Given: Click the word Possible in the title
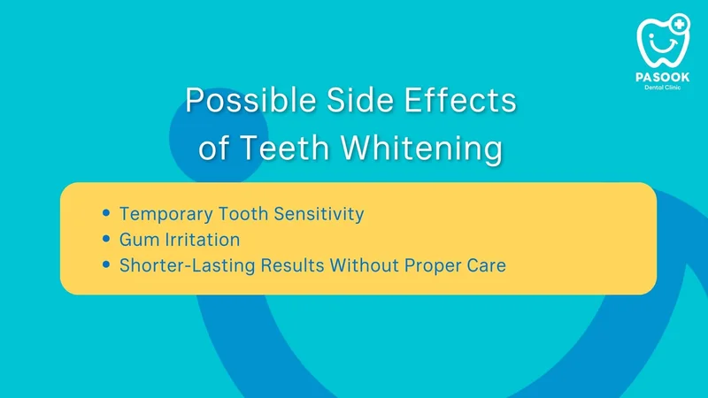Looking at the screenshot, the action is pos(250,100).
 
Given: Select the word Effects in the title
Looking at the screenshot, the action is pos(460,100).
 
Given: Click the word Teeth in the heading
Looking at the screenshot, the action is pos(284,147).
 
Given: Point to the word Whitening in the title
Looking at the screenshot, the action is pos(422,148).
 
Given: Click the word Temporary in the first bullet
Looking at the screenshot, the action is pos(165,214).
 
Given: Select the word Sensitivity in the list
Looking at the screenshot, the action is pos(319,214).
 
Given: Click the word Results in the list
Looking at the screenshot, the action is pos(292,265).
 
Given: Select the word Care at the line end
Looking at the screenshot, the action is pos(486,265).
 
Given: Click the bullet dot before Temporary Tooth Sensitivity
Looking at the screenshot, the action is pos(106,212).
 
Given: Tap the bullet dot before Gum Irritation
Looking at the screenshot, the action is pos(106,238).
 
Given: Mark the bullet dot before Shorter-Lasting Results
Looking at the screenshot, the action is pos(106,264).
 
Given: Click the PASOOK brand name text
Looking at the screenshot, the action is pos(662,77).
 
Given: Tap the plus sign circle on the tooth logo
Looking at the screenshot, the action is pos(680,24).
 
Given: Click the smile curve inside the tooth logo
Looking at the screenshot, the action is pos(663,46).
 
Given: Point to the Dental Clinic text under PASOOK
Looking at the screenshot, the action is pos(662,87).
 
